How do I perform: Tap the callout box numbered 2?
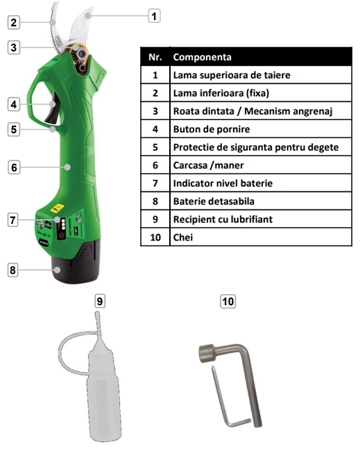point(14,22)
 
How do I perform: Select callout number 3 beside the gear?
point(14,48)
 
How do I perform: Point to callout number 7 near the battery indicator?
point(14,220)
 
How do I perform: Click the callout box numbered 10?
point(228,301)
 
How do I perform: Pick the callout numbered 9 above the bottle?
point(100,301)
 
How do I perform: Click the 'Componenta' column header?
point(202,56)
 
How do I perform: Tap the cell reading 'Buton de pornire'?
point(211,128)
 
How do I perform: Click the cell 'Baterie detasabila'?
point(214,200)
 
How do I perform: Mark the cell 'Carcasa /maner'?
point(206,164)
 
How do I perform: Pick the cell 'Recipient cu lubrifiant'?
point(222,219)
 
